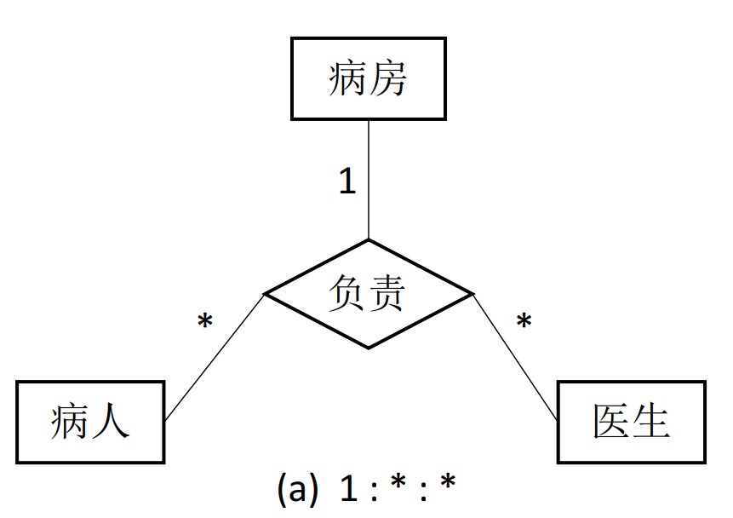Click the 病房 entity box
click(x=368, y=78)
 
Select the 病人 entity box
click(x=89, y=423)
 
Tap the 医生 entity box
click(x=631, y=423)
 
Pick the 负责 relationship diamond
click(x=368, y=294)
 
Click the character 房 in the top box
click(x=388, y=79)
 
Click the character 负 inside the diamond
click(x=348, y=294)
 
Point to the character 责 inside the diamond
click(x=387, y=294)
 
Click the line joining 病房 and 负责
click(x=368, y=179)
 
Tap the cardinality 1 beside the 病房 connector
click(x=346, y=181)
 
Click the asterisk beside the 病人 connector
click(x=204, y=322)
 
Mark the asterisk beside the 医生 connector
click(x=524, y=322)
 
